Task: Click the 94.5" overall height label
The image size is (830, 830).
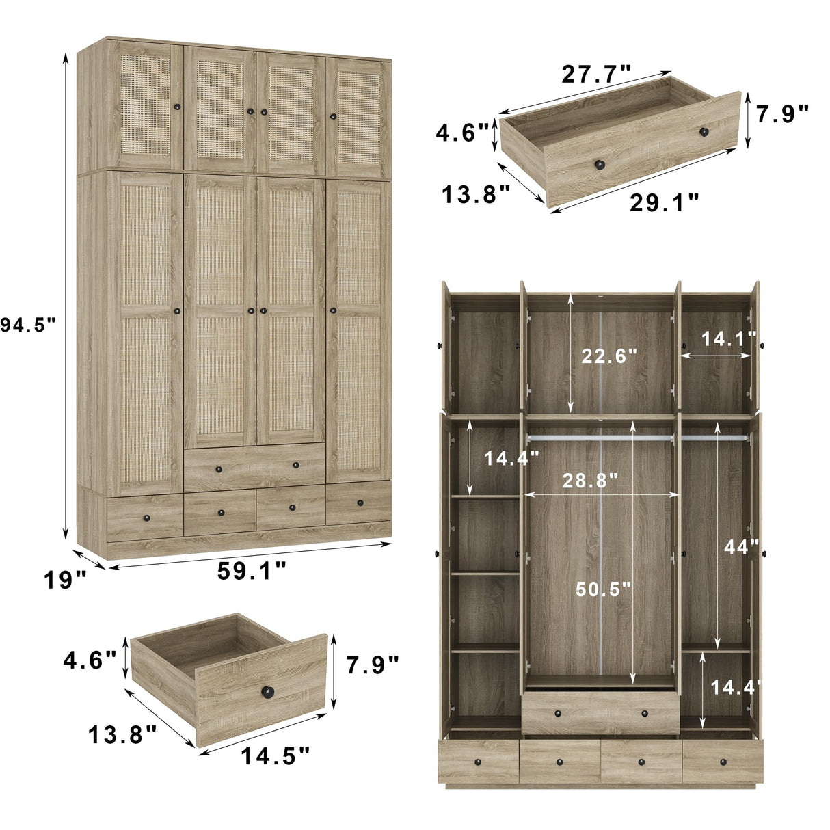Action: coord(27,325)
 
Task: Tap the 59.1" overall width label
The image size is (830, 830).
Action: coord(252,572)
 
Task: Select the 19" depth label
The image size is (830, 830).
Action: coord(65,580)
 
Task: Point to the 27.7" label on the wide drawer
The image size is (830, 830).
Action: coord(596,74)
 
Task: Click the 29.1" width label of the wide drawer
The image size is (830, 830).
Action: coord(664,202)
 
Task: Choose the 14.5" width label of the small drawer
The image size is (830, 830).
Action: coord(275,755)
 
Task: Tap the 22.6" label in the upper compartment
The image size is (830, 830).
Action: coord(609,356)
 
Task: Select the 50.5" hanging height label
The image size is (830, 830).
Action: coord(602,589)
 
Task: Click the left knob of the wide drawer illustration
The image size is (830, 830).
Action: coord(600,164)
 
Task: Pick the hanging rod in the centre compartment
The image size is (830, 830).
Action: coord(600,436)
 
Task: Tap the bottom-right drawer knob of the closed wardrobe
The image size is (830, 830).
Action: coord(360,503)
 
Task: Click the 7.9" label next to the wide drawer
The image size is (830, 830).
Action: coord(783,113)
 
